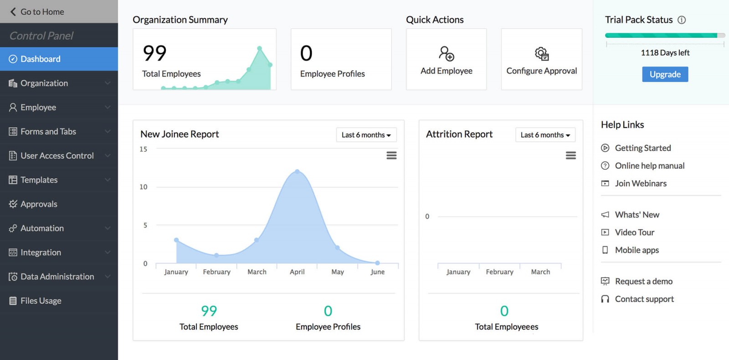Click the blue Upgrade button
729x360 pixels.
tap(665, 74)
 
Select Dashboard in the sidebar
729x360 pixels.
tap(40, 59)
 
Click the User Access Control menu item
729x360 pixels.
tap(57, 156)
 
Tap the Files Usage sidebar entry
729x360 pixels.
tap(41, 301)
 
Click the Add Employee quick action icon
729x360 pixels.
tap(447, 54)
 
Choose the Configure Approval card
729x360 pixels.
tap(541, 59)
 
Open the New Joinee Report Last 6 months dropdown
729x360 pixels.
tap(366, 135)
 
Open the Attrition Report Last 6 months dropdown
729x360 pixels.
tap(545, 135)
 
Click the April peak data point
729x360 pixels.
tap(297, 171)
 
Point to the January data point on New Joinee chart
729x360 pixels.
tap(176, 240)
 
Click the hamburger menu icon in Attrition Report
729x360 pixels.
tap(570, 155)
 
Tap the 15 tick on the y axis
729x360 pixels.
tap(144, 149)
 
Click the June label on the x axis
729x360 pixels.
tap(377, 272)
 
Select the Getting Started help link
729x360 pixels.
tap(642, 148)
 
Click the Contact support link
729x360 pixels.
tap(644, 299)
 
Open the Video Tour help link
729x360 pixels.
tap(634, 232)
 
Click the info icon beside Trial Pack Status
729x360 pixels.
tap(682, 20)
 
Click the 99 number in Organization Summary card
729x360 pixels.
tap(154, 53)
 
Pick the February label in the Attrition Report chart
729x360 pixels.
tap(499, 272)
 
